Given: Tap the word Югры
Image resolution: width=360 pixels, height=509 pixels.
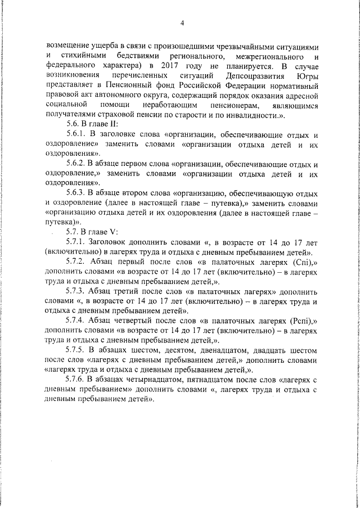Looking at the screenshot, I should coord(309,75).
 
